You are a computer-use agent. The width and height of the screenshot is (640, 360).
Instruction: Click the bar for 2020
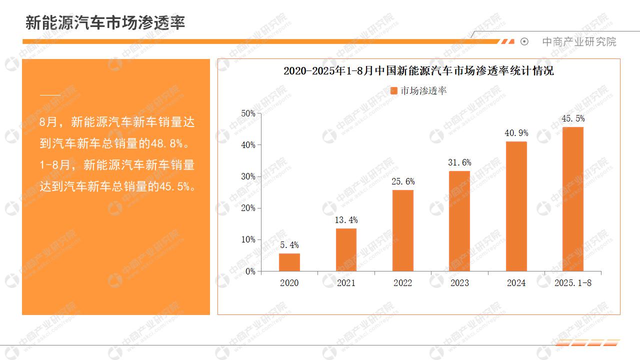289,262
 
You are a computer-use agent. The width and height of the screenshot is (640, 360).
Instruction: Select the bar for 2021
346,250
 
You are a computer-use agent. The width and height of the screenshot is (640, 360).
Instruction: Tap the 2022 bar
402,230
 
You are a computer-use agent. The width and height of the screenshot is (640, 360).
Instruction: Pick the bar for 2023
459,221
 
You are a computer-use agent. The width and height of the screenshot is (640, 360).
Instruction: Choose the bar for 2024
516,206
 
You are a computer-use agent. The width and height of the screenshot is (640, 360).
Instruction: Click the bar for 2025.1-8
573,199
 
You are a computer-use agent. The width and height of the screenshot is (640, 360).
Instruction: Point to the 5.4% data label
289,245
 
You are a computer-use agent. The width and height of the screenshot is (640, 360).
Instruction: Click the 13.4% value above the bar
346,220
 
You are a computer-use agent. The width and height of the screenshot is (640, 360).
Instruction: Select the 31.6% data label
459,162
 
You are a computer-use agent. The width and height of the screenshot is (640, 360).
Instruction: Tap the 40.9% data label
516,133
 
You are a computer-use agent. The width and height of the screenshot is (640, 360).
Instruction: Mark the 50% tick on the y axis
248,113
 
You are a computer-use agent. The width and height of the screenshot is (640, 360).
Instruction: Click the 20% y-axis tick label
248,208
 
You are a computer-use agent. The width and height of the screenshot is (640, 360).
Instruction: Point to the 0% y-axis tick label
250,271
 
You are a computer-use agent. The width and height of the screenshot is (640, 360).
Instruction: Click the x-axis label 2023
459,283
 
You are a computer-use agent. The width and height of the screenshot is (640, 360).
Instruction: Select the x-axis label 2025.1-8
573,283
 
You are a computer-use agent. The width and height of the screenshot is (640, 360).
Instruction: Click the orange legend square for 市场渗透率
393,90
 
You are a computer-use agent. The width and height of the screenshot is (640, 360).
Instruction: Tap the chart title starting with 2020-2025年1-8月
418,71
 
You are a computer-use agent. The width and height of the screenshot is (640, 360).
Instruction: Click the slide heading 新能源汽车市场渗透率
105,22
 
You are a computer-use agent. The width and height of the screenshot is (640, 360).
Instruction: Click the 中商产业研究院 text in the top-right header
579,42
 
